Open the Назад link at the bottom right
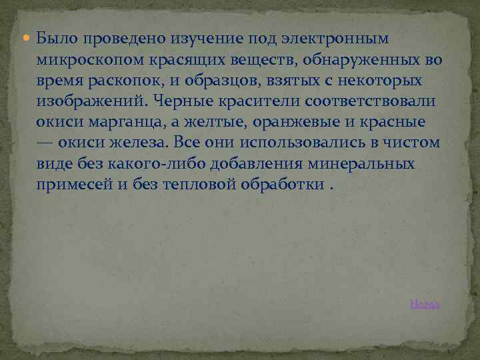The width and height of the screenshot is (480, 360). click(424, 304)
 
